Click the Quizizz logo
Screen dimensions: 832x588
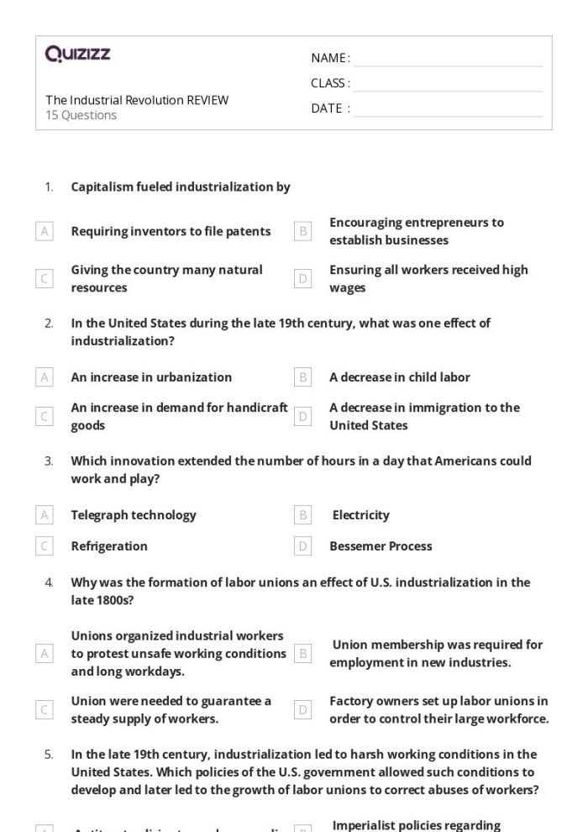coord(77,55)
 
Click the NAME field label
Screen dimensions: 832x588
coord(330,58)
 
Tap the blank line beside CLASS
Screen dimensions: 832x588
coord(447,84)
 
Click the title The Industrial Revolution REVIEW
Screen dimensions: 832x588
coord(137,100)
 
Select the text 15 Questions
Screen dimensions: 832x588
coord(81,115)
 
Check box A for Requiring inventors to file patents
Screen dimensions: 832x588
coord(45,231)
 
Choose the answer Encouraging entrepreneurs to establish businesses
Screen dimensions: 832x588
coord(416,231)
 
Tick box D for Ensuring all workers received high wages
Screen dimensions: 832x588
coord(303,278)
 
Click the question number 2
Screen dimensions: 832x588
coord(49,323)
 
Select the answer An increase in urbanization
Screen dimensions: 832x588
coord(151,377)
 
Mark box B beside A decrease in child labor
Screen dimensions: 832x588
coord(303,377)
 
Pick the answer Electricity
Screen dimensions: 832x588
coord(360,514)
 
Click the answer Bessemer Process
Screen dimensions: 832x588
coord(381,546)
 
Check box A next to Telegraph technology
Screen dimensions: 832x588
coord(45,514)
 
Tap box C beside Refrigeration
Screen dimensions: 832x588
coord(45,546)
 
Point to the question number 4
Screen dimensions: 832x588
coord(49,582)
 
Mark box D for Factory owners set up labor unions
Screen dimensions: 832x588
coord(303,710)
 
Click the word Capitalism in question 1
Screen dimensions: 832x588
coord(102,187)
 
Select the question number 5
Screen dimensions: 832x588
coord(49,755)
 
